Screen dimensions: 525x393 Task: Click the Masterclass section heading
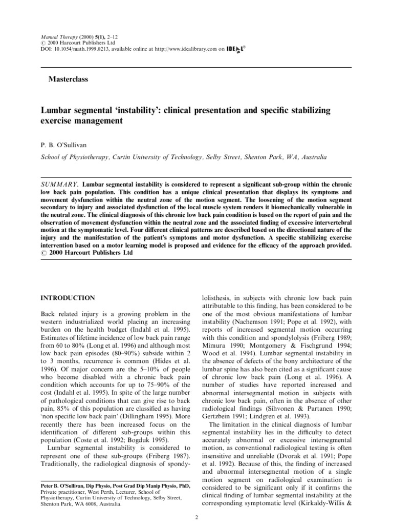click(x=68, y=79)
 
